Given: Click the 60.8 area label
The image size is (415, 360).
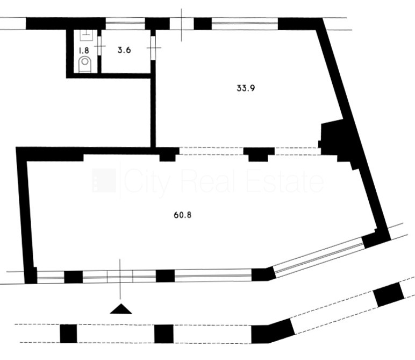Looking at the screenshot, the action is click(182, 215).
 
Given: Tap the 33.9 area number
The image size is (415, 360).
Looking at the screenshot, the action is click(246, 88).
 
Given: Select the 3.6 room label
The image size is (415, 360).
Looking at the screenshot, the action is click(124, 50).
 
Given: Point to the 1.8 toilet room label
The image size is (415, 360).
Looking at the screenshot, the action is click(84, 50).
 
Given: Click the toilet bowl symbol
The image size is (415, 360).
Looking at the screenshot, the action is click(85, 64).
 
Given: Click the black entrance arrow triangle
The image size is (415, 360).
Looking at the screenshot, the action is click(121, 308).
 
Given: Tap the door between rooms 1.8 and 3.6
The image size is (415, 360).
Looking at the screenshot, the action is click(99, 46).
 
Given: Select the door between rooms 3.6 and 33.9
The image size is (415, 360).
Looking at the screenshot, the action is click(153, 48).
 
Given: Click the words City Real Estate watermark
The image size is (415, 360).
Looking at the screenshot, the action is click(224, 181).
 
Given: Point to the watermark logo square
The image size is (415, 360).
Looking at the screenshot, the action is click(104, 180).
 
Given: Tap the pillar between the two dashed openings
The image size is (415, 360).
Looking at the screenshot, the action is click(259, 154).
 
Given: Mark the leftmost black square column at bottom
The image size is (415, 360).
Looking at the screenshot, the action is click(68, 334).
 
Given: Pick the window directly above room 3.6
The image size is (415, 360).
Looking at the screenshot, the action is click(125, 24).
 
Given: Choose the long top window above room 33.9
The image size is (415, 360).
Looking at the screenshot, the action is click(245, 23).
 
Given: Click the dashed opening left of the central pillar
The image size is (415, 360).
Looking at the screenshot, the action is click(211, 151).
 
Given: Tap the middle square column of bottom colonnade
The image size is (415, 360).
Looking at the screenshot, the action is click(164, 334).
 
